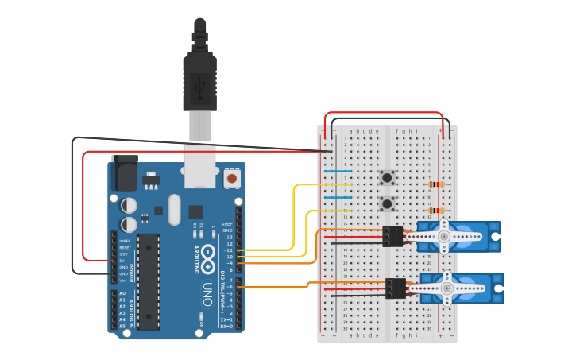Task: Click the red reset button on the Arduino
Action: point(231,178)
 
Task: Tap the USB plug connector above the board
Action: point(199,79)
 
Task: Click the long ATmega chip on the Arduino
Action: point(149,281)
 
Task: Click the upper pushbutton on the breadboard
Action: point(387,177)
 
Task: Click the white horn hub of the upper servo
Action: point(444,236)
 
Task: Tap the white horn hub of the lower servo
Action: point(447,288)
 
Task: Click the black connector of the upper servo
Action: point(392,236)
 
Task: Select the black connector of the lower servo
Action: point(395,288)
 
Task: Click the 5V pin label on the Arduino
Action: point(122,261)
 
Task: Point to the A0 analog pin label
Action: point(122,293)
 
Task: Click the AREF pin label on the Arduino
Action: point(227,224)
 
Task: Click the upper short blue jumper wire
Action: point(338,171)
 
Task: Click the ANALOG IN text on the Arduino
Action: point(132,310)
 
